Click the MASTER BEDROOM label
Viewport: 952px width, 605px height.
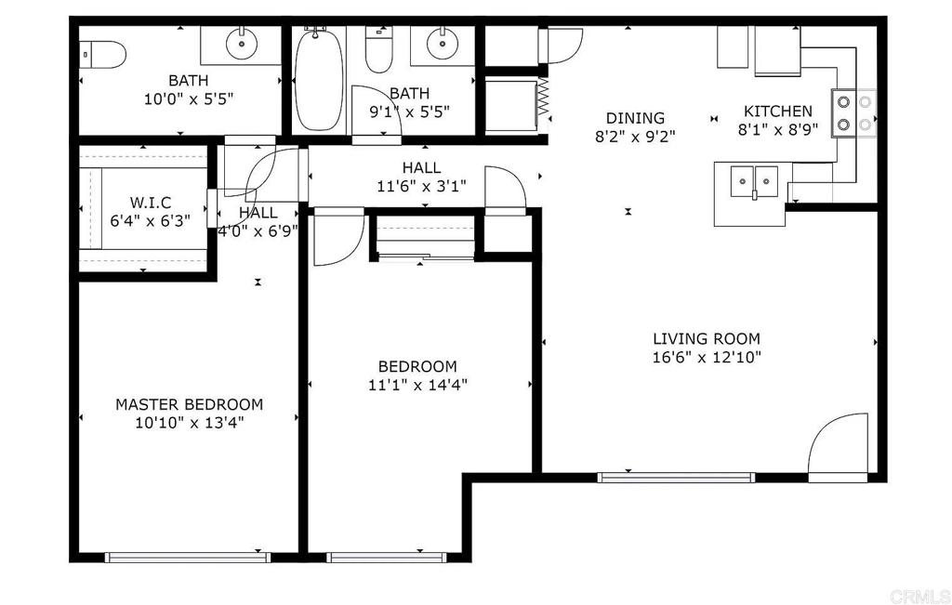click(190, 404)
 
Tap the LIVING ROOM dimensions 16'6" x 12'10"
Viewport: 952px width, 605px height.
click(707, 357)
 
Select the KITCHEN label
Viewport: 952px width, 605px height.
click(778, 111)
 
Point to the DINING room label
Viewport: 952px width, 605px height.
click(635, 118)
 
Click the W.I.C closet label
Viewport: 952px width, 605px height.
click(150, 202)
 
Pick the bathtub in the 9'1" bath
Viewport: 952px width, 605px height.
click(319, 79)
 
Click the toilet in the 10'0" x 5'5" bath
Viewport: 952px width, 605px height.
click(103, 54)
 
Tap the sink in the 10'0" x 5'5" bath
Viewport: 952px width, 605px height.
click(242, 44)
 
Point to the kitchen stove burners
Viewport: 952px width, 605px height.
click(853, 113)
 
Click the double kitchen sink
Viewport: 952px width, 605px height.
click(754, 181)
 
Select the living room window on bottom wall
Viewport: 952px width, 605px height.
click(677, 478)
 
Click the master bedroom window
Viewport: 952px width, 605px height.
click(188, 558)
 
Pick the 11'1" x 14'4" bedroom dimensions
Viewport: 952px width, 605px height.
click(417, 385)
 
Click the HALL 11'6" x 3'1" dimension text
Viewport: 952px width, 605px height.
click(422, 186)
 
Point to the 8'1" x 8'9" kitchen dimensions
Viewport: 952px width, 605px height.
click(778, 129)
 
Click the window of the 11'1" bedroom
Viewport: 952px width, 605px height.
click(386, 558)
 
